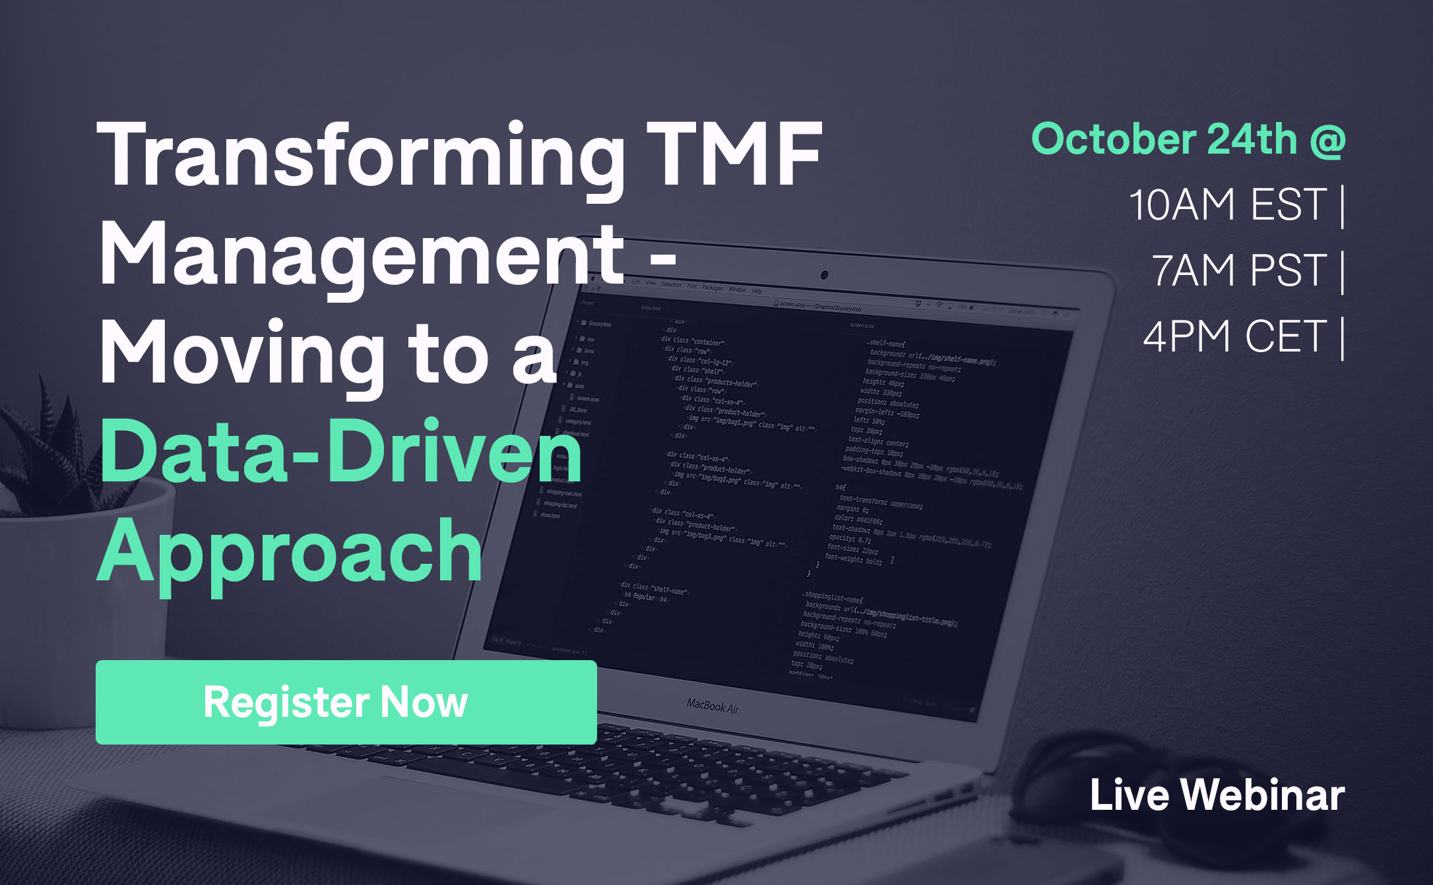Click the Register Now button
346,702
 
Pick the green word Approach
290,551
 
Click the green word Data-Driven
340,452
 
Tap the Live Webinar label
1217,795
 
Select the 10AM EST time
1227,204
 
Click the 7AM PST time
1239,270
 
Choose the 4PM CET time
1234,336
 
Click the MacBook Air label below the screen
713,706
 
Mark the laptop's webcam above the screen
824,275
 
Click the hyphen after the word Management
662,257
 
